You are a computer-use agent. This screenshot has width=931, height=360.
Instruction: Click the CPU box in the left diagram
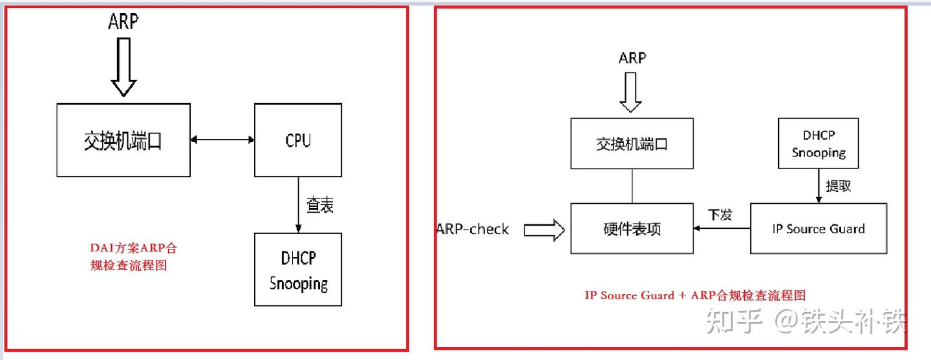[x=298, y=140]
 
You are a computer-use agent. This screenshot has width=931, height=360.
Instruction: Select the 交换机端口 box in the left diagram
[x=123, y=140]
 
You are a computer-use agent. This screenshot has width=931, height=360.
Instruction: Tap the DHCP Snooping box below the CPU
[x=298, y=270]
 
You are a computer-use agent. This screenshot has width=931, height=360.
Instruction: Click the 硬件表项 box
[x=632, y=228]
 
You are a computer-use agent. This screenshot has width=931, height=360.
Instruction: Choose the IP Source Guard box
[x=818, y=228]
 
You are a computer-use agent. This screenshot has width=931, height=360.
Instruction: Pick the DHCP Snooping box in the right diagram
[x=819, y=143]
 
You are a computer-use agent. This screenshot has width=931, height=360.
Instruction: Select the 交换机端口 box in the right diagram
[x=632, y=143]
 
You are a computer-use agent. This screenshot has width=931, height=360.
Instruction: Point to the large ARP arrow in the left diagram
[x=123, y=65]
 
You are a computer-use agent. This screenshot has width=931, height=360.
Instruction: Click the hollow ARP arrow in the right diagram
[x=630, y=91]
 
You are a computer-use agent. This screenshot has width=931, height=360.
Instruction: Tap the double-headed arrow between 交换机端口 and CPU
[x=222, y=139]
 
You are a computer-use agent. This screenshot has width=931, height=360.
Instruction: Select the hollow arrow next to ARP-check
[x=544, y=229]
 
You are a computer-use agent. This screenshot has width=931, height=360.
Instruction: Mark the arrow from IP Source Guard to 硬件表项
[x=722, y=228]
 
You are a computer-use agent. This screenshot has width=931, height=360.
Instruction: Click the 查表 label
[x=320, y=206]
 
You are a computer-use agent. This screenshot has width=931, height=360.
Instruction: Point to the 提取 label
[x=838, y=186]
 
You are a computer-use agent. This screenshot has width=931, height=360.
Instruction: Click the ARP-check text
[x=473, y=229]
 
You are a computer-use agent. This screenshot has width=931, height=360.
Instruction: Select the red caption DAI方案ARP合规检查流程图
[x=133, y=256]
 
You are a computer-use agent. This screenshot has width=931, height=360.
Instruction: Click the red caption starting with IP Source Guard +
[x=695, y=295]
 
